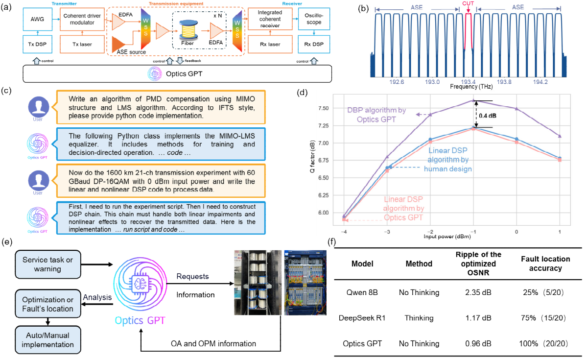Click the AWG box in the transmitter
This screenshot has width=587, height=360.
coord(37,19)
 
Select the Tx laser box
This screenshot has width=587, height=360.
coord(82,44)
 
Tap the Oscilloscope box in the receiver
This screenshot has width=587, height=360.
coord(314,19)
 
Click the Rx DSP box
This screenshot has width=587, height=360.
coord(314,44)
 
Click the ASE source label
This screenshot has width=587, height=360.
coord(131,52)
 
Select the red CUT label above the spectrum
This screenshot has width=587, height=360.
coord(468,3)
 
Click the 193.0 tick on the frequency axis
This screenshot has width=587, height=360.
coord(432,82)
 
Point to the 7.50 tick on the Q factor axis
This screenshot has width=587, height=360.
coord(324,108)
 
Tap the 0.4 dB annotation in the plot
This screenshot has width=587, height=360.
coord(488,116)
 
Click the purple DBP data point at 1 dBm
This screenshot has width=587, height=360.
coord(560,136)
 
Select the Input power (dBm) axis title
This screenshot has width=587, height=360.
coord(447,237)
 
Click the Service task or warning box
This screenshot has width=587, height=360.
coord(48,264)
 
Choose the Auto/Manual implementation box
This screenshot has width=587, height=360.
coord(48,340)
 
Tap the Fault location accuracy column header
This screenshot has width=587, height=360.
coord(545,264)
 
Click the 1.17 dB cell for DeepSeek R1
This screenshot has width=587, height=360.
coord(478,318)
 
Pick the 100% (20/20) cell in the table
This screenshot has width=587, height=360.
coord(543,343)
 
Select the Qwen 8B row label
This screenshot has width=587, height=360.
coord(362,292)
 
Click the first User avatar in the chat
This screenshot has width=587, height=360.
coord(39,107)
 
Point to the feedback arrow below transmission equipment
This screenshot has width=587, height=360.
coord(180,61)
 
